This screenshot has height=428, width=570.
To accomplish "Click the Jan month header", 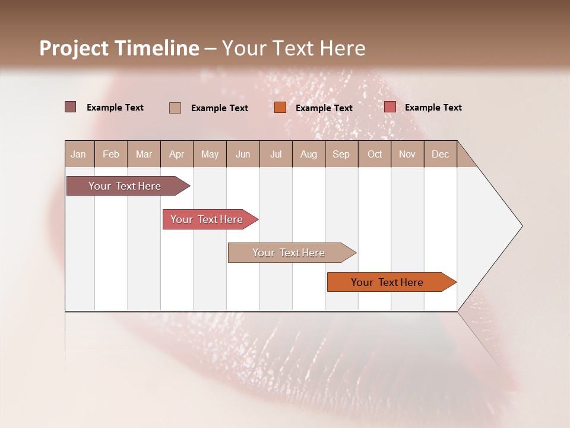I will point(78,154).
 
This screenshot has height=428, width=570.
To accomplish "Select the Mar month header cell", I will point(144,154).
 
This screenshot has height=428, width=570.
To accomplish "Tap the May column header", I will point(210,154).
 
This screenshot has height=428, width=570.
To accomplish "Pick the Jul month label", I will point(275,154).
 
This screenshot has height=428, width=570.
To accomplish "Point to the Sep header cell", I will point(341,154).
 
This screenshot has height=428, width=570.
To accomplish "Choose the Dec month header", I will point(440,154).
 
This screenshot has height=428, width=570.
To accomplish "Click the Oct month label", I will point(375,154).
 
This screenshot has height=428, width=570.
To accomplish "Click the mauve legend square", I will point(70,107).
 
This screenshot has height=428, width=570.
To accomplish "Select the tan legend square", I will point(175,108).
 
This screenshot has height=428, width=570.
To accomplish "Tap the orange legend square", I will point(280,108).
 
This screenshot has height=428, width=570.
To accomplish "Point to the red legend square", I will point(389,107).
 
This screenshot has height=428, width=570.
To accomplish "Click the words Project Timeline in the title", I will point(119,48).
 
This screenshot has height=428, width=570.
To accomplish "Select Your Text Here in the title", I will point(293,48).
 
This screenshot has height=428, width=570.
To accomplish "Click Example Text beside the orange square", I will point(324,108).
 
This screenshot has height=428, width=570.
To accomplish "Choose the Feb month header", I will point(111,154).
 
